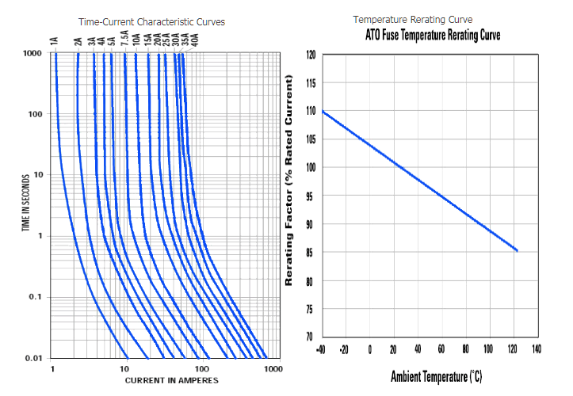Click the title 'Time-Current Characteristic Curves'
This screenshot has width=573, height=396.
pos(151,21)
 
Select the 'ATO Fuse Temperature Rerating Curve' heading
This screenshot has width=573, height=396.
pos(433,36)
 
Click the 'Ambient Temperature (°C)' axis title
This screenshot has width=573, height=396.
pos(436,376)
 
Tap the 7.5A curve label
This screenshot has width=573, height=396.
pos(125,40)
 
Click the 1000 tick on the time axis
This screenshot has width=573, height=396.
pos(32,54)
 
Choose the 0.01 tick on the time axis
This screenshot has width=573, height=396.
pos(32,359)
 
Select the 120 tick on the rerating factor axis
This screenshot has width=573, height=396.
pos(310,55)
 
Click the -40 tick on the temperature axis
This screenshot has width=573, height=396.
pos(321,349)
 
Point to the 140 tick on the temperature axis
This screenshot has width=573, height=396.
pos(536,349)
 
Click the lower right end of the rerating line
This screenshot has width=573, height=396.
pos(517,250)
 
